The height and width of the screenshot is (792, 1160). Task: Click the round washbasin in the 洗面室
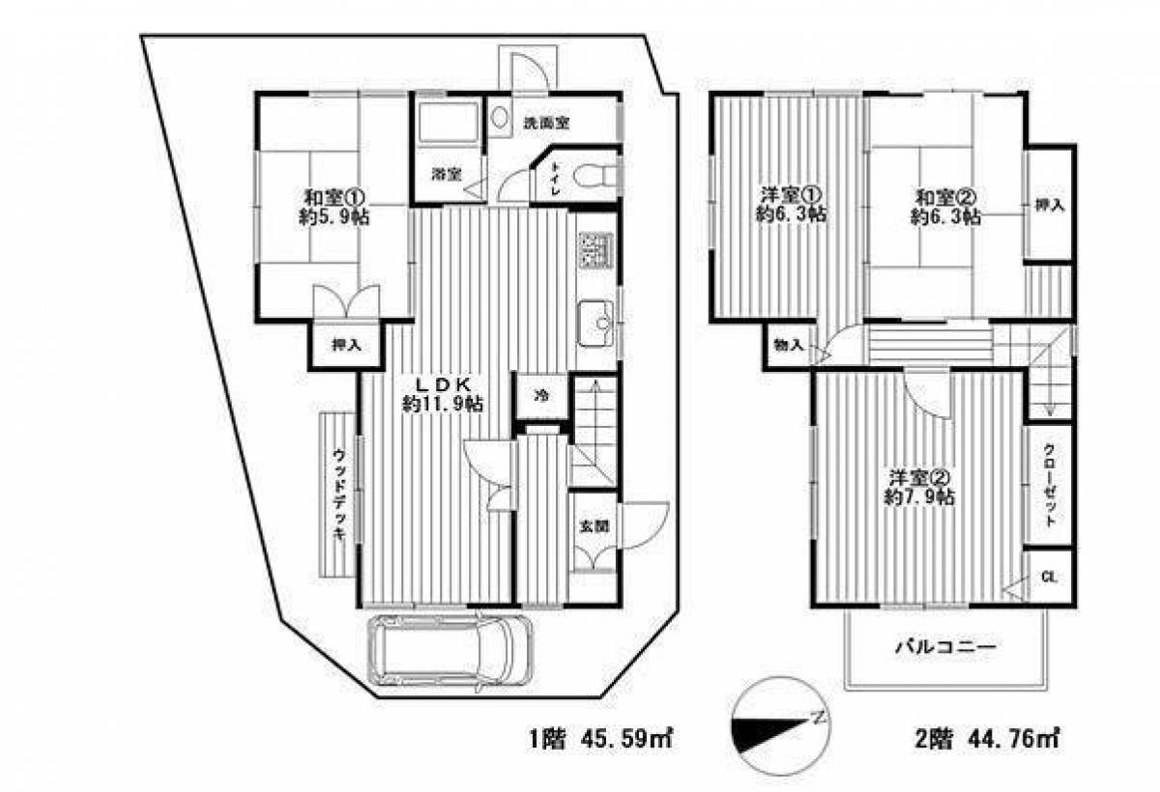tap(499, 119)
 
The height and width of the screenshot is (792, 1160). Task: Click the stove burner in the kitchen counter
tap(593, 250)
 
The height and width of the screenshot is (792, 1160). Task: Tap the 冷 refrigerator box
tap(542, 395)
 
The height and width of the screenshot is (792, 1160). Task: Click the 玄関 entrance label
tap(592, 526)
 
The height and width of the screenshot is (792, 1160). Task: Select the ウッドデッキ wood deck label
tap(339, 495)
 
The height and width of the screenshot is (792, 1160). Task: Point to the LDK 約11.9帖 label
tap(444, 393)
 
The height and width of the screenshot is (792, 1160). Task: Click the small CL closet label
tap(1050, 578)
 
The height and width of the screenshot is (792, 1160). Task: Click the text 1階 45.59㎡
tap(599, 740)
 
